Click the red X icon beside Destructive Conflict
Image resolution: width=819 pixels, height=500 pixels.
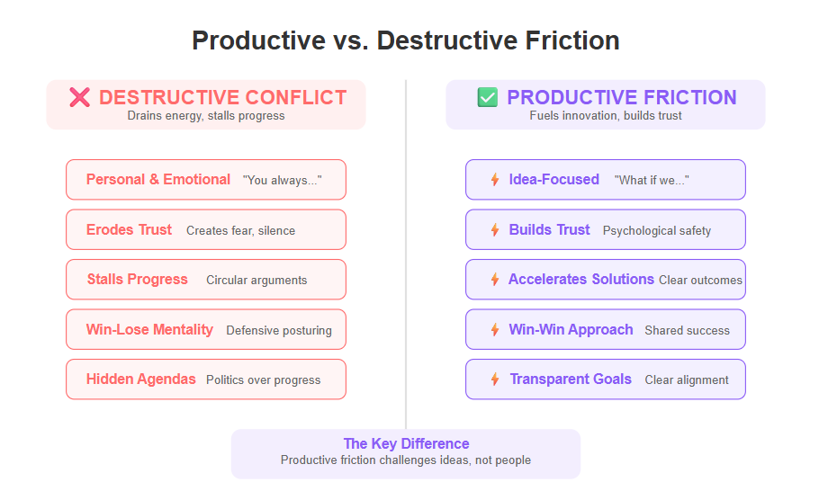coord(79,97)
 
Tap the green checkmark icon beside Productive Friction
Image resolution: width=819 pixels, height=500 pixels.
coord(487,97)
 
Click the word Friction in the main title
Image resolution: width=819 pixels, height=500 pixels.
coord(572,40)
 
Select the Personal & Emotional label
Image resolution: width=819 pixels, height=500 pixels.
coord(158,180)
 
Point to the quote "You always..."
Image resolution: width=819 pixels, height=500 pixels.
coord(282,180)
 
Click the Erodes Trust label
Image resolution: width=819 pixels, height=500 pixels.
coord(129,229)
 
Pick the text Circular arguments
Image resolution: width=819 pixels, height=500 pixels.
coord(256,281)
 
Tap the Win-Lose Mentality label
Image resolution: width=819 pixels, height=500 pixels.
coord(149,330)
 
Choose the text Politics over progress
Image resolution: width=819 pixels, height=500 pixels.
coord(263,380)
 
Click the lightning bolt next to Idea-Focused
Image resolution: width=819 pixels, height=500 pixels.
coord(495,180)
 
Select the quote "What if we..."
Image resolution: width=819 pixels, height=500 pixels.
coord(652,180)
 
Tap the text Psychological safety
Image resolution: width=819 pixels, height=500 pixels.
coord(657,231)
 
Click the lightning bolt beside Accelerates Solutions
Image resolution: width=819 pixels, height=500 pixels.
coord(495,280)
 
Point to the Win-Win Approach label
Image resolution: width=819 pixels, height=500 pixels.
coord(571,330)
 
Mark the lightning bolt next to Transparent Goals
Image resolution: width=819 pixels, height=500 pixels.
coord(495,379)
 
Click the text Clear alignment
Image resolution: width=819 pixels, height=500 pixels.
coord(687,380)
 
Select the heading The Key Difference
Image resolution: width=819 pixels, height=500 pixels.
coord(406,443)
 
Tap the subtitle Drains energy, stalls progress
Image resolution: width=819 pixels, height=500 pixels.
coord(206,116)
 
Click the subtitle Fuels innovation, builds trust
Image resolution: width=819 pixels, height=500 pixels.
coord(606,115)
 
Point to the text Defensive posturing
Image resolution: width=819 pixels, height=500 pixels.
coord(279,330)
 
